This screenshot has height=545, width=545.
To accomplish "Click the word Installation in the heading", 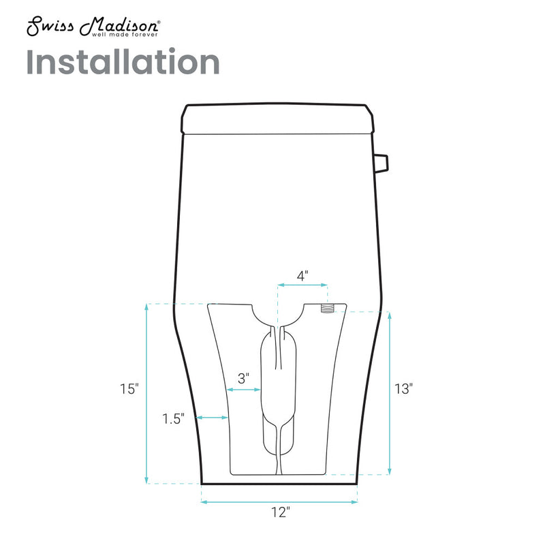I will [x=123, y=62].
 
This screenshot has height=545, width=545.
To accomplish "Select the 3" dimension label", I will [x=243, y=377].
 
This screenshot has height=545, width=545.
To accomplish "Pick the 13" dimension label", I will [x=403, y=389].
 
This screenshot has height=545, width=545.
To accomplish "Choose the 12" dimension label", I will [x=279, y=512].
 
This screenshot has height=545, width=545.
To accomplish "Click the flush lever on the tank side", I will [x=381, y=163].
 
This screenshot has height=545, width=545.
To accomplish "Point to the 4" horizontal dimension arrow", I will [x=302, y=286].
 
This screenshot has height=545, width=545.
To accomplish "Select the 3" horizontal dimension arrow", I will [x=243, y=390].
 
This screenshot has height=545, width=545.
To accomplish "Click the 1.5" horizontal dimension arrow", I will [x=212, y=417].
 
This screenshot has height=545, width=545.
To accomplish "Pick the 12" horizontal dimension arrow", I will [x=279, y=502].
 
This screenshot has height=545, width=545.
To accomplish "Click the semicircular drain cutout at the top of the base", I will [x=277, y=315].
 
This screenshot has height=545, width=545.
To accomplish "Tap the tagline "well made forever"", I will [x=126, y=34].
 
